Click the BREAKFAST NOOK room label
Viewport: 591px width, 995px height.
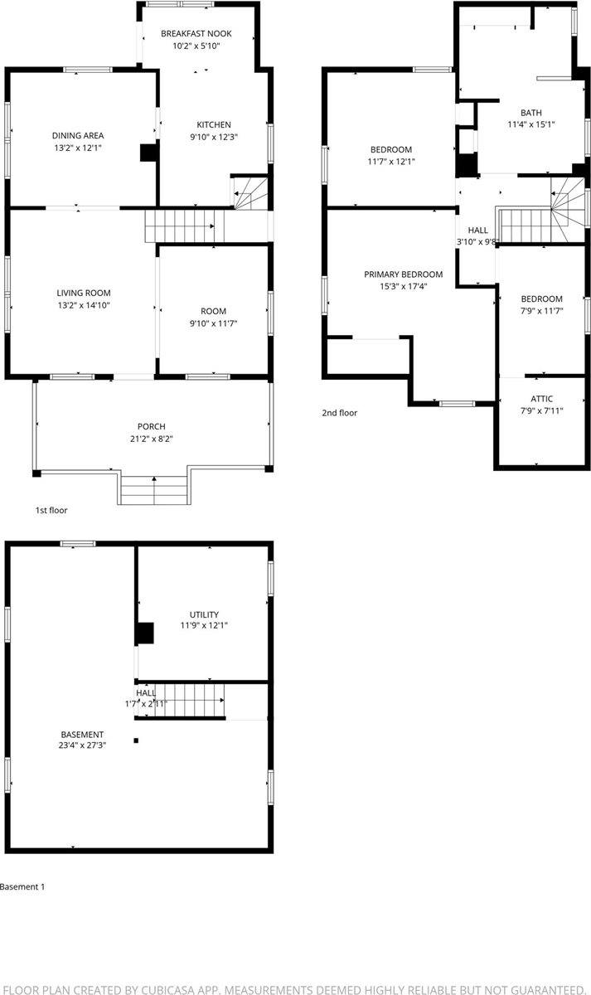point(196,34)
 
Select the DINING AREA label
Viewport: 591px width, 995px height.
point(78,135)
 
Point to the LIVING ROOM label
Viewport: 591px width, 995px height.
point(84,293)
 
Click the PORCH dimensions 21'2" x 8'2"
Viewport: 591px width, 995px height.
point(152,439)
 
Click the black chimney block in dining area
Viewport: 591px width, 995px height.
point(148,153)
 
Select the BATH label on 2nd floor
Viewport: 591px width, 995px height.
point(530,113)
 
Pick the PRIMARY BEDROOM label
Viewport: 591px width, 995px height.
point(404,274)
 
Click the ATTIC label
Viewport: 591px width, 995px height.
point(542,399)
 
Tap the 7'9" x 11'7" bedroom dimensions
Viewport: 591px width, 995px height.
point(541,312)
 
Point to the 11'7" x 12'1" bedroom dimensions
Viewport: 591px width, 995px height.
point(391,163)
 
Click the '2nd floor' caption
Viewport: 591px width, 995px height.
point(340,412)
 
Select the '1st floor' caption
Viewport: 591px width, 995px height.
point(51,510)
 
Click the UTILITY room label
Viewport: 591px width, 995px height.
point(204,614)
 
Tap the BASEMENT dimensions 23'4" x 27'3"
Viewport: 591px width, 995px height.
point(83,745)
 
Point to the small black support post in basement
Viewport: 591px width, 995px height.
point(137,740)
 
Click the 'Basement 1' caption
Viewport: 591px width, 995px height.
point(22,886)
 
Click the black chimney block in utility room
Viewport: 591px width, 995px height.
point(145,633)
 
